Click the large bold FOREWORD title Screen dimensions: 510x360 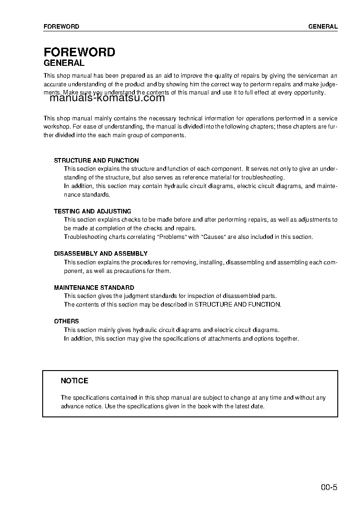coord(79,52)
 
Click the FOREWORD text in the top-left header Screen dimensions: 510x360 coord(61,26)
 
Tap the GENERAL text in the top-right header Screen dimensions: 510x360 coord(323,26)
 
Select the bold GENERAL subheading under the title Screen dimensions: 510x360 coord(64,64)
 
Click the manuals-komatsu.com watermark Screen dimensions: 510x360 coord(107,98)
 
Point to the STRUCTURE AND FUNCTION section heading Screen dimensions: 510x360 coord(96,160)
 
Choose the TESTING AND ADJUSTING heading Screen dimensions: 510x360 coord(92,211)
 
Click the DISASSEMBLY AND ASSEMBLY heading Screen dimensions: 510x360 coord(100,253)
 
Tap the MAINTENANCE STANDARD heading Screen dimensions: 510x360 coord(94,287)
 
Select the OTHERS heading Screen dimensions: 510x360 coord(66,321)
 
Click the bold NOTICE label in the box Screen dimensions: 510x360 coord(74,381)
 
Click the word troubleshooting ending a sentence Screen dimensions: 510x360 coord(262,177)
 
